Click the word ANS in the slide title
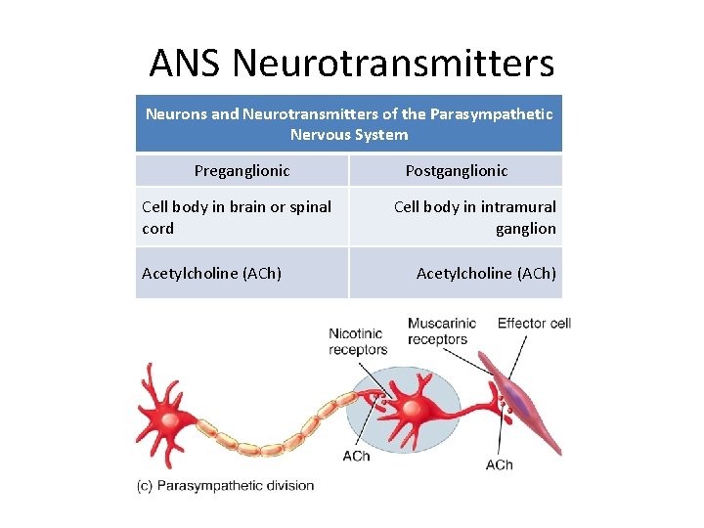point(186,64)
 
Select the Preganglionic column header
point(242,170)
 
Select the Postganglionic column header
point(457,170)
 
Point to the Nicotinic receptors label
point(358,341)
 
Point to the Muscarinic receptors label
point(441,330)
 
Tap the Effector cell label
point(534,323)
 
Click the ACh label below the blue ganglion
point(356,456)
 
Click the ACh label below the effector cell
point(499,463)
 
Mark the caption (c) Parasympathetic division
point(226,485)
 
